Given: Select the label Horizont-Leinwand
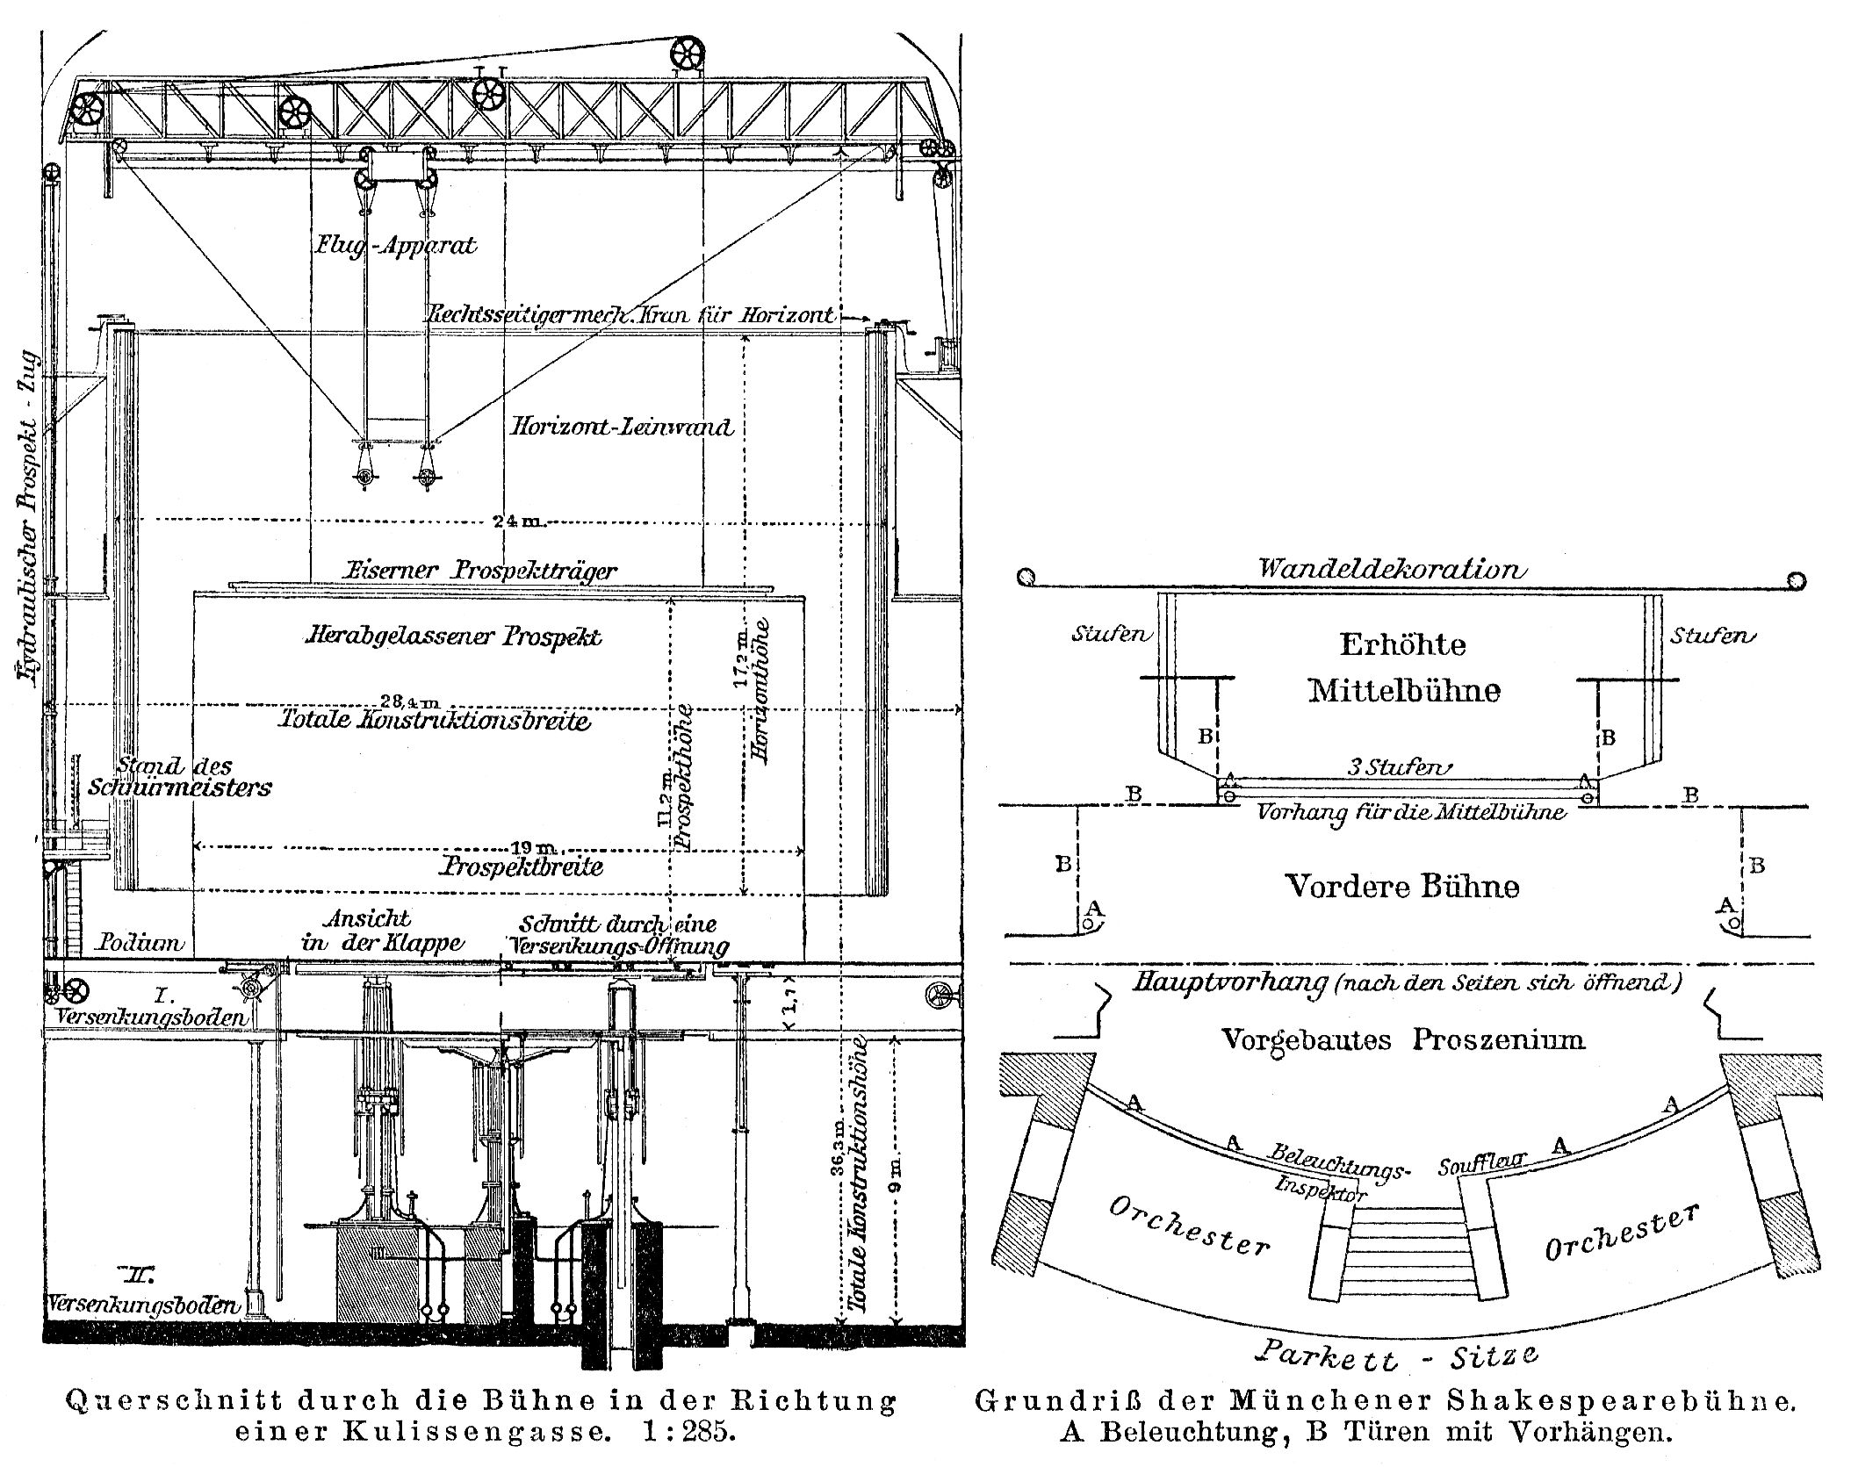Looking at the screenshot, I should (x=622, y=428).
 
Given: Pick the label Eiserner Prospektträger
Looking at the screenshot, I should (x=482, y=571).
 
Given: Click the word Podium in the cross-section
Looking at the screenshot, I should (x=140, y=944).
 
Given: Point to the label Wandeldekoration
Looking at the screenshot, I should (x=1392, y=569).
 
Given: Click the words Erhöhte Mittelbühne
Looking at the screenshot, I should (x=1403, y=667).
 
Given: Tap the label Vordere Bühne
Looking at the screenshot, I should (x=1401, y=886).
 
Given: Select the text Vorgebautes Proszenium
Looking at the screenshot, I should (x=1403, y=1040).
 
